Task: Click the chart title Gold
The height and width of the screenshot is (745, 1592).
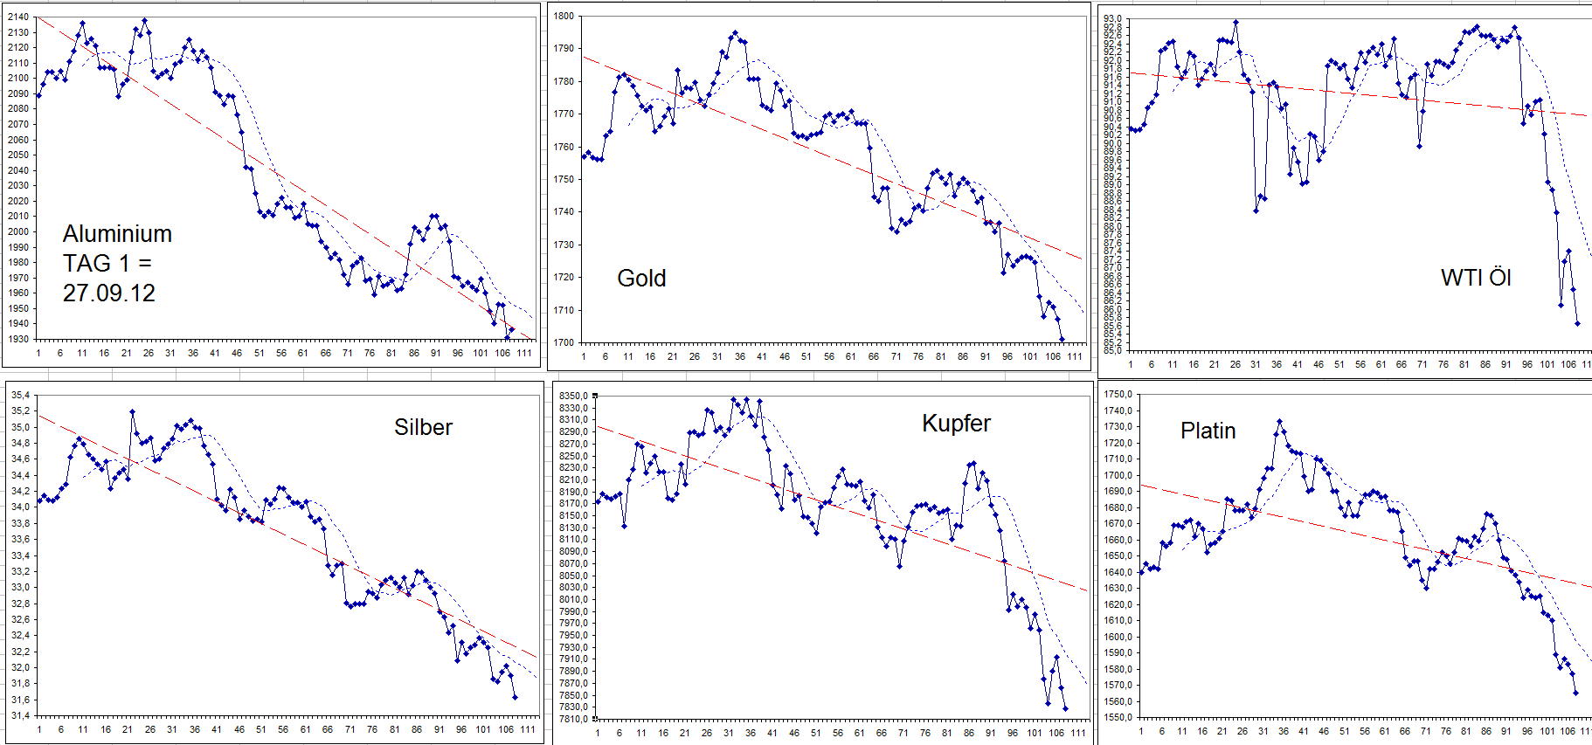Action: (641, 278)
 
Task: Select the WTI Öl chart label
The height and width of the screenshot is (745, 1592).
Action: (1475, 278)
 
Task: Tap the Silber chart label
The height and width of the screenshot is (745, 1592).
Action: (423, 427)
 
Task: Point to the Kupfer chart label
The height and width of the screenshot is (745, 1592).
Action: (956, 424)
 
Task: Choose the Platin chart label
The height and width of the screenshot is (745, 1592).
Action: (1208, 431)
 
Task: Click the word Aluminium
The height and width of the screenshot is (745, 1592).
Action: (117, 234)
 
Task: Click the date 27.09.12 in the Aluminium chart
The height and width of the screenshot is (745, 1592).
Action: (108, 293)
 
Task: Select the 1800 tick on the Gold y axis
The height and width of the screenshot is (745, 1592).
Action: (564, 16)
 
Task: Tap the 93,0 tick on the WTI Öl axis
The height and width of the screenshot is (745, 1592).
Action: (1112, 19)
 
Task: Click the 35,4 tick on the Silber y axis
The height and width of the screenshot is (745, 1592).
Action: (20, 396)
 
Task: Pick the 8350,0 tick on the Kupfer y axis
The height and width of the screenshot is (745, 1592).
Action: (572, 397)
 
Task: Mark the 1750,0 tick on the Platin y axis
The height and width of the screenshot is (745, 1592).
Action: (1118, 395)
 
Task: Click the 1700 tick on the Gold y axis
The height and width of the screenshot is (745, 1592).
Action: (564, 342)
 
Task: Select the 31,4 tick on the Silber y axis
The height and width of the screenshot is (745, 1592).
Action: (20, 716)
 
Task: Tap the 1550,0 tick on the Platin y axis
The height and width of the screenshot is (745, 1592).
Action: (1118, 717)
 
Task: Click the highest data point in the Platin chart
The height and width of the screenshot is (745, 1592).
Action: (1279, 422)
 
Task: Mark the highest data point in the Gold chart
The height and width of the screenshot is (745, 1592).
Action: (734, 33)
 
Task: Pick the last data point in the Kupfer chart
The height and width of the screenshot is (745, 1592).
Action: (1065, 709)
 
